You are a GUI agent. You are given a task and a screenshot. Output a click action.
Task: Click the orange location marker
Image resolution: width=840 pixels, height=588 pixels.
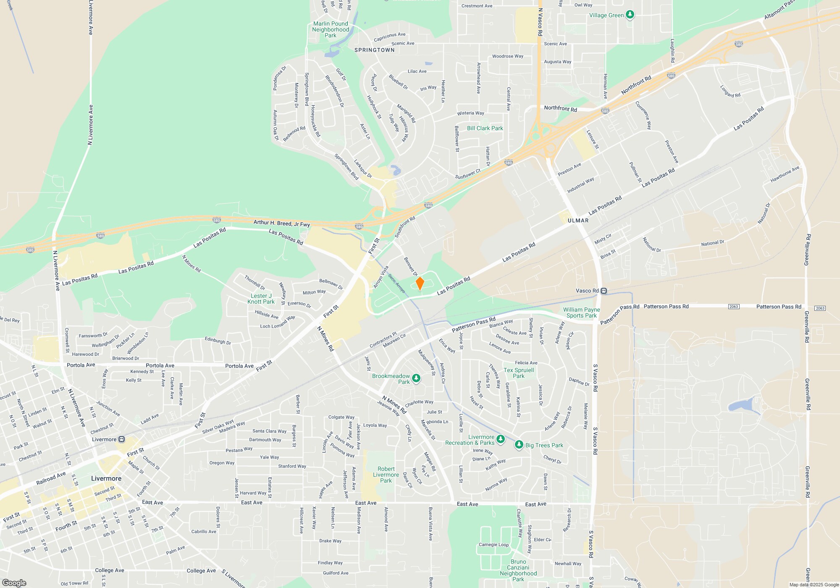420,283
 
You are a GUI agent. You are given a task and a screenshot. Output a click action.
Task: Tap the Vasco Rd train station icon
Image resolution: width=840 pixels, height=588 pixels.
604,291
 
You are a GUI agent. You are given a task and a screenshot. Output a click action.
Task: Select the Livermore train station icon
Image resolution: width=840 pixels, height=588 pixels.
121,439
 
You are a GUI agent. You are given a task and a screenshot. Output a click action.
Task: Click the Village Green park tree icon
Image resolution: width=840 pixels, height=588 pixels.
630,15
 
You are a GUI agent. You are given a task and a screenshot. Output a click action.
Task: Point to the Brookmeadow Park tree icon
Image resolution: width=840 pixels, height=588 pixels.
416,378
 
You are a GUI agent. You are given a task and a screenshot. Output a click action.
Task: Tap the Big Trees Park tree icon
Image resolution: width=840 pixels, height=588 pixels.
519,445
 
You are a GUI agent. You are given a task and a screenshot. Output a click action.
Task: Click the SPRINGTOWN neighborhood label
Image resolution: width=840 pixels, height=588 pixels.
374,50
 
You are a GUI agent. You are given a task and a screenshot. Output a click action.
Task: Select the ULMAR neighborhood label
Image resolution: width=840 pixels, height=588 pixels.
578,220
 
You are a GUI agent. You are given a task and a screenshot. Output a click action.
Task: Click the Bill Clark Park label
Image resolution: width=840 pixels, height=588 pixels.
485,128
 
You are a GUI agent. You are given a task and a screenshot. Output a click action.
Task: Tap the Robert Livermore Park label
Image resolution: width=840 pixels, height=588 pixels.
386,475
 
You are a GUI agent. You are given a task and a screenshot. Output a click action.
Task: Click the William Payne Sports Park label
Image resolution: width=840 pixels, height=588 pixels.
581,312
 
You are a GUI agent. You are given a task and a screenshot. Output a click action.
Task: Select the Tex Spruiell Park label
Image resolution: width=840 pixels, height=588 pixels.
519,373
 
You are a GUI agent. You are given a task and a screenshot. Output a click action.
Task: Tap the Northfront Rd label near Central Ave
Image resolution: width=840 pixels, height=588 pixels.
560,109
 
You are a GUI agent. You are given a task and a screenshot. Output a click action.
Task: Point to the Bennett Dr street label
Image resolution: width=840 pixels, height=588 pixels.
410,266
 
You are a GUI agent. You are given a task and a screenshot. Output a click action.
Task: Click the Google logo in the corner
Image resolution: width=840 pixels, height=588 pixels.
14,583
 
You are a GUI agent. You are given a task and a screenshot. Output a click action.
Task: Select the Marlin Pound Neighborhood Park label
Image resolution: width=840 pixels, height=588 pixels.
331,29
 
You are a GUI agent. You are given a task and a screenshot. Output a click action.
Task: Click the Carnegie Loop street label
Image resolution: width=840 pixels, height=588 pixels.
493,545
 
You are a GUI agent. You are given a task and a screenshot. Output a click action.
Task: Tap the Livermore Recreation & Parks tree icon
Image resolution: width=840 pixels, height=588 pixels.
500,439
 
